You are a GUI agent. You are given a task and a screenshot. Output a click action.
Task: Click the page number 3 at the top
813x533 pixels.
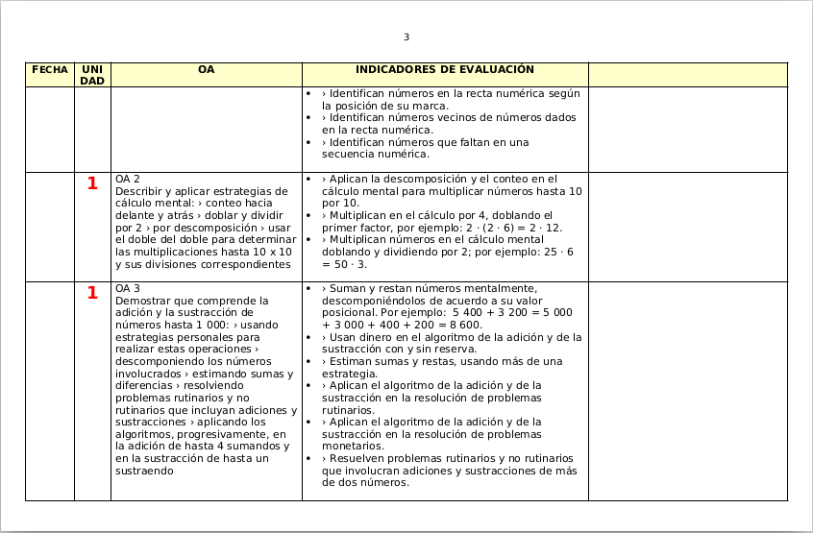coord(406,37)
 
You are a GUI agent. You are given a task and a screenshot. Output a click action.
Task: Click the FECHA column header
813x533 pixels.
coord(49,70)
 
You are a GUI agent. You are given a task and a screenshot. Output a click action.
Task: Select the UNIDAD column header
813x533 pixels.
coord(92,75)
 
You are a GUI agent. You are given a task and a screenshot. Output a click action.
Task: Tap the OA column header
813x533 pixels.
coord(206,70)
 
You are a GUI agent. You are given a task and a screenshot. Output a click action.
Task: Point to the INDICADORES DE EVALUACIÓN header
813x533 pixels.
coord(444,70)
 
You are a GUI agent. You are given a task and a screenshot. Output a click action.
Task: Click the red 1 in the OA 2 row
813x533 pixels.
coord(92,183)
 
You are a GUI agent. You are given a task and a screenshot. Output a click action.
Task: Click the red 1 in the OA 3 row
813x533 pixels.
coord(92,293)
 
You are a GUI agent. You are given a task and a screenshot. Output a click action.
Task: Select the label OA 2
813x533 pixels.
coord(128,180)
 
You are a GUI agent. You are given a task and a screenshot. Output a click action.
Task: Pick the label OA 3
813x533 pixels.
coord(128,288)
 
